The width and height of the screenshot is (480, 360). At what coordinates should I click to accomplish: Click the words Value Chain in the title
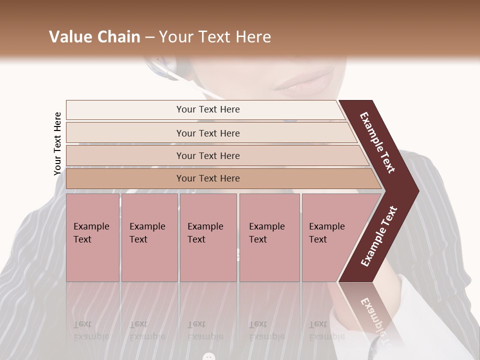coord(94,37)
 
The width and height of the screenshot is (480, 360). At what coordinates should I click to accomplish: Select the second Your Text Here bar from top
coord(208,133)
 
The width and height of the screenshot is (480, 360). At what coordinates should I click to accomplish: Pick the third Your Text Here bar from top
coord(208,155)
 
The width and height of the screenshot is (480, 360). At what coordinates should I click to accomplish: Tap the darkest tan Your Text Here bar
coord(208,178)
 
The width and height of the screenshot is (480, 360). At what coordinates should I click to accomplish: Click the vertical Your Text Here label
coord(57,143)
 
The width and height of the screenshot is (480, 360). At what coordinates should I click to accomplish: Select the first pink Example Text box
coord(92,237)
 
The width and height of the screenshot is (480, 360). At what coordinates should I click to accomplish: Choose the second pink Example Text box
coord(149,237)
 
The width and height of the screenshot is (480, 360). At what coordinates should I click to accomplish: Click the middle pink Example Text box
coord(208,237)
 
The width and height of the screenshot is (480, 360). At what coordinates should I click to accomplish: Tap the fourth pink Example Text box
coord(269,237)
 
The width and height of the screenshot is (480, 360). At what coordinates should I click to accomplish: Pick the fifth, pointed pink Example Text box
coord(330,237)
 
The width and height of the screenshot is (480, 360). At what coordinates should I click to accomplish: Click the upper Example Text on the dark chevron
coord(377,142)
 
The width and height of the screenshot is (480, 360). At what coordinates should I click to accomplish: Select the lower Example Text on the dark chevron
coord(379,236)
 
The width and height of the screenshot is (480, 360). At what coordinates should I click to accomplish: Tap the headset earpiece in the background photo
coord(162,67)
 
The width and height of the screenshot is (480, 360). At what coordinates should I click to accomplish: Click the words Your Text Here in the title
coord(215,37)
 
